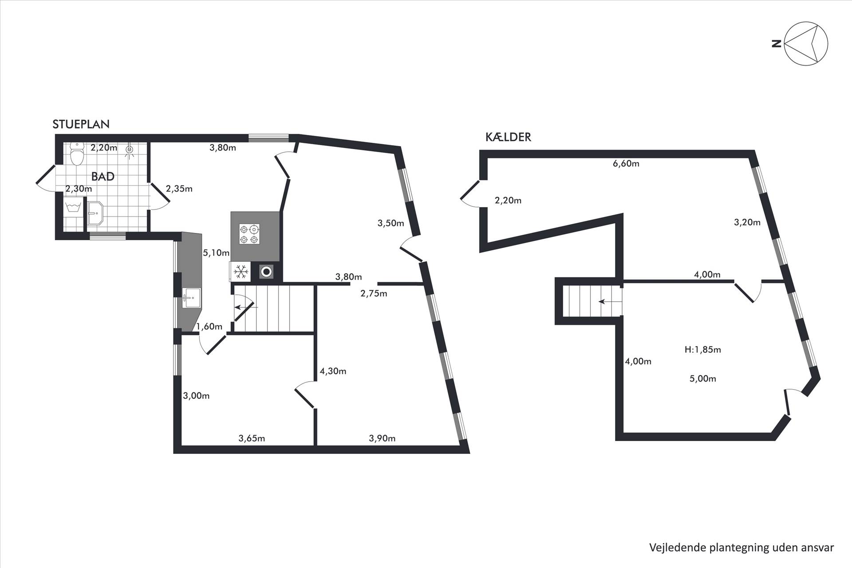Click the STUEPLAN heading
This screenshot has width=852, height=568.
click(x=81, y=124)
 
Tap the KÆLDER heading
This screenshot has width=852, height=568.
click(x=508, y=137)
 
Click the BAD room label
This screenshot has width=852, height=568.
click(x=103, y=176)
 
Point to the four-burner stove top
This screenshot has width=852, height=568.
click(x=249, y=234)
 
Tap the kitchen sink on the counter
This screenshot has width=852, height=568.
click(x=191, y=297)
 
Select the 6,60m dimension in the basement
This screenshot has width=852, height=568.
click(x=626, y=164)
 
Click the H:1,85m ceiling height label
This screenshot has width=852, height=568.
click(x=702, y=350)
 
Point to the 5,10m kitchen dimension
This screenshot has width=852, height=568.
click(x=216, y=253)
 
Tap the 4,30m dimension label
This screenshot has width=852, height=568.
click(x=333, y=371)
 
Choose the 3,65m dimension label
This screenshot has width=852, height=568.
click(x=252, y=438)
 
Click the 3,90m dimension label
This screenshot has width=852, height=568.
click(x=382, y=438)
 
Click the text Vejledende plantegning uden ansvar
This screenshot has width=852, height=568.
click(x=742, y=548)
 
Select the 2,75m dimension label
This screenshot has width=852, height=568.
click(x=374, y=293)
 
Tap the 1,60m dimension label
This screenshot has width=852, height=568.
click(x=209, y=327)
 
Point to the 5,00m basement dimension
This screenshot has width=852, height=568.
click(x=703, y=379)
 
